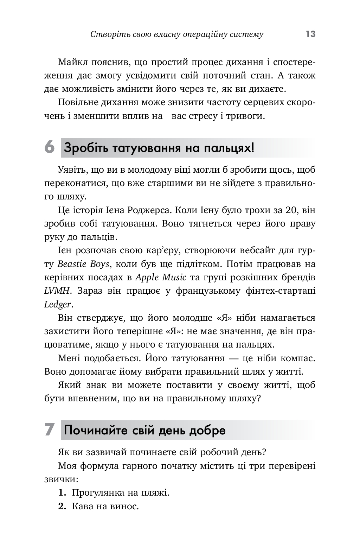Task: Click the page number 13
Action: (310, 34)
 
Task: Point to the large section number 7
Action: (50, 430)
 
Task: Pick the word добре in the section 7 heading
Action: (207, 430)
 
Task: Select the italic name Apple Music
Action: (161, 277)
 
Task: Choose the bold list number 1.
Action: (62, 492)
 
